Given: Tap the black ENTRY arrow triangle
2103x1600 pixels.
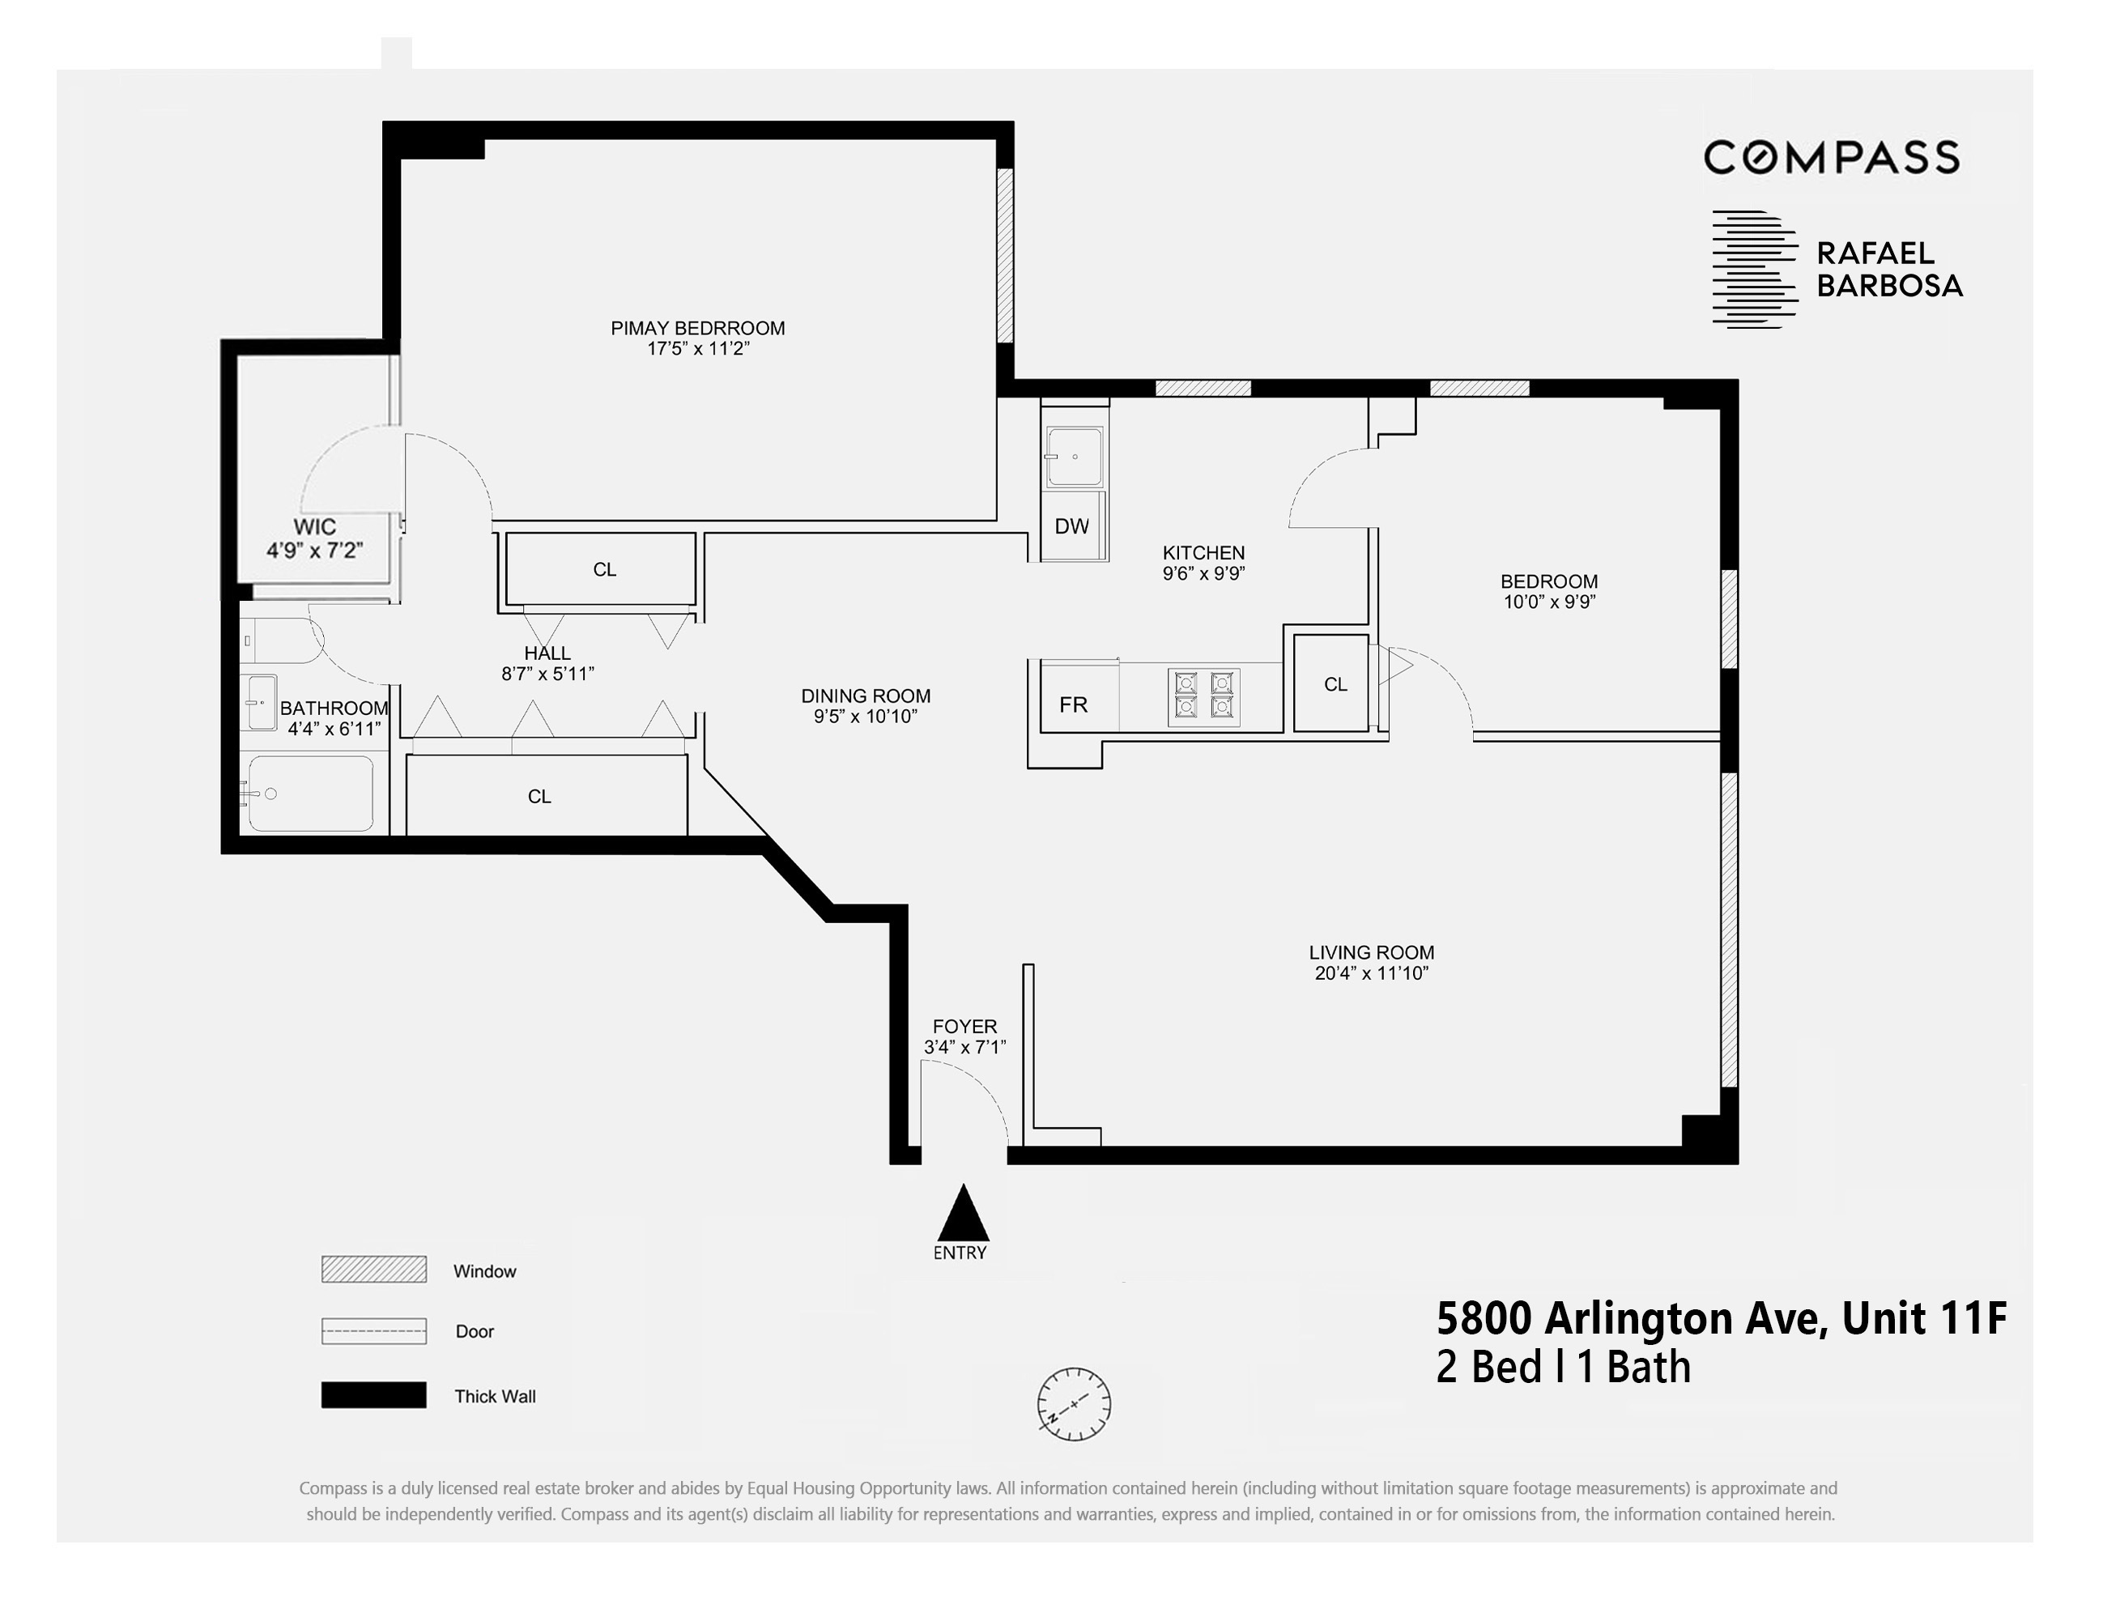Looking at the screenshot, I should [x=964, y=1215].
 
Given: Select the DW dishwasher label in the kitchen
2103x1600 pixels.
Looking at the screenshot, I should [x=1071, y=526].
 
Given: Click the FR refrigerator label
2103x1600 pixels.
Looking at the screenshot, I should [x=1074, y=704].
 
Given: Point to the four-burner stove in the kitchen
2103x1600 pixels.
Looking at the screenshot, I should [x=1204, y=696].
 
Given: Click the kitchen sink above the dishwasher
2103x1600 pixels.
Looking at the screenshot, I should [x=1075, y=457].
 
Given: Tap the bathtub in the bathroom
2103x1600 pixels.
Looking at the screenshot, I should [x=310, y=794].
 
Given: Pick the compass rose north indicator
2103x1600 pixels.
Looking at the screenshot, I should [x=1074, y=1404].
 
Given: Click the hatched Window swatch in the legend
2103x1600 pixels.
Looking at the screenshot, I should [x=373, y=1270].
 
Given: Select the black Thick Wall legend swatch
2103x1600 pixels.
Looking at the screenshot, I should [x=373, y=1394].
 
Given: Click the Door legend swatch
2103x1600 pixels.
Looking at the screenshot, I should [x=373, y=1330].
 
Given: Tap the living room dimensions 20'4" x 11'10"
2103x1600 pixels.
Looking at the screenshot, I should [x=1371, y=973].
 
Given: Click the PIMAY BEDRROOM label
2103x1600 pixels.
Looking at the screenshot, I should [x=697, y=329].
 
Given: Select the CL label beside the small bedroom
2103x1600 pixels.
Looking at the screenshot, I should [x=1335, y=685].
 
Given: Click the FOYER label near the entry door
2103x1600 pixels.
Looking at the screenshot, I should [x=964, y=1027].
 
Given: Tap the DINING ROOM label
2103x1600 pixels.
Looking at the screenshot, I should [x=865, y=696].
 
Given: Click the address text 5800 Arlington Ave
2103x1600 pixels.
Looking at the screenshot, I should [x=1631, y=1319].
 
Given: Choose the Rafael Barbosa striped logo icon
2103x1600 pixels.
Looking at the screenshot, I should [x=1753, y=270].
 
